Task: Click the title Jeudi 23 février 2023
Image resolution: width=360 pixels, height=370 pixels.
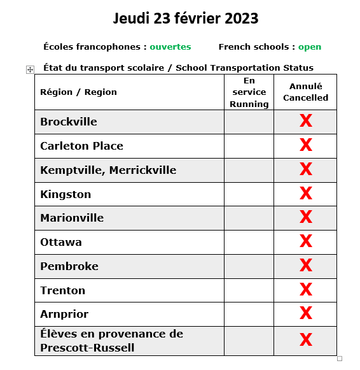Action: (186, 18)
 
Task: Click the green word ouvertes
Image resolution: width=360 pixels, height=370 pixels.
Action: (170, 46)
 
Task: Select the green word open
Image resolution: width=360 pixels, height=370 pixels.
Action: (310, 46)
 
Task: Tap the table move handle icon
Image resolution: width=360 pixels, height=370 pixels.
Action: (30, 69)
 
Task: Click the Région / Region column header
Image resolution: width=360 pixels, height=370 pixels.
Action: (78, 92)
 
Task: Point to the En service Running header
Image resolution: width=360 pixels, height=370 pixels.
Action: (249, 92)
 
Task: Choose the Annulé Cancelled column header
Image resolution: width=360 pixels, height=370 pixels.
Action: (305, 92)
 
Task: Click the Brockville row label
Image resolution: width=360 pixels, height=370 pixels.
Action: (69, 122)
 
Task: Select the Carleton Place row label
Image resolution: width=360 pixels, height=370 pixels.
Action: (81, 146)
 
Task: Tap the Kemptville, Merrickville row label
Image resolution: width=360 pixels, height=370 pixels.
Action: (108, 170)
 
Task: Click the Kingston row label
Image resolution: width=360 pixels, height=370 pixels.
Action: (66, 194)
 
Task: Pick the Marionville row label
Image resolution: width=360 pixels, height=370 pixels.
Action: (72, 218)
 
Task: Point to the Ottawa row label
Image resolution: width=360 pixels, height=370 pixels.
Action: (61, 242)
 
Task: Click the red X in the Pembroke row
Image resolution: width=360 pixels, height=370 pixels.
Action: (305, 266)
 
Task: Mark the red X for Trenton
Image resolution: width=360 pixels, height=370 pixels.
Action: (305, 290)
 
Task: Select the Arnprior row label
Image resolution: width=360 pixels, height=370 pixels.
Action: (64, 314)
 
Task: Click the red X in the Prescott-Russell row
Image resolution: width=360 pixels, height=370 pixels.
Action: (305, 340)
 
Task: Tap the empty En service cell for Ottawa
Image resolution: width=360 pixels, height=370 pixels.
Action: (249, 242)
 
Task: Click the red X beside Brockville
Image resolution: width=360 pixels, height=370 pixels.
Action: (305, 121)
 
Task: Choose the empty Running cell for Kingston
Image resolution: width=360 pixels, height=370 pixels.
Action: (249, 194)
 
